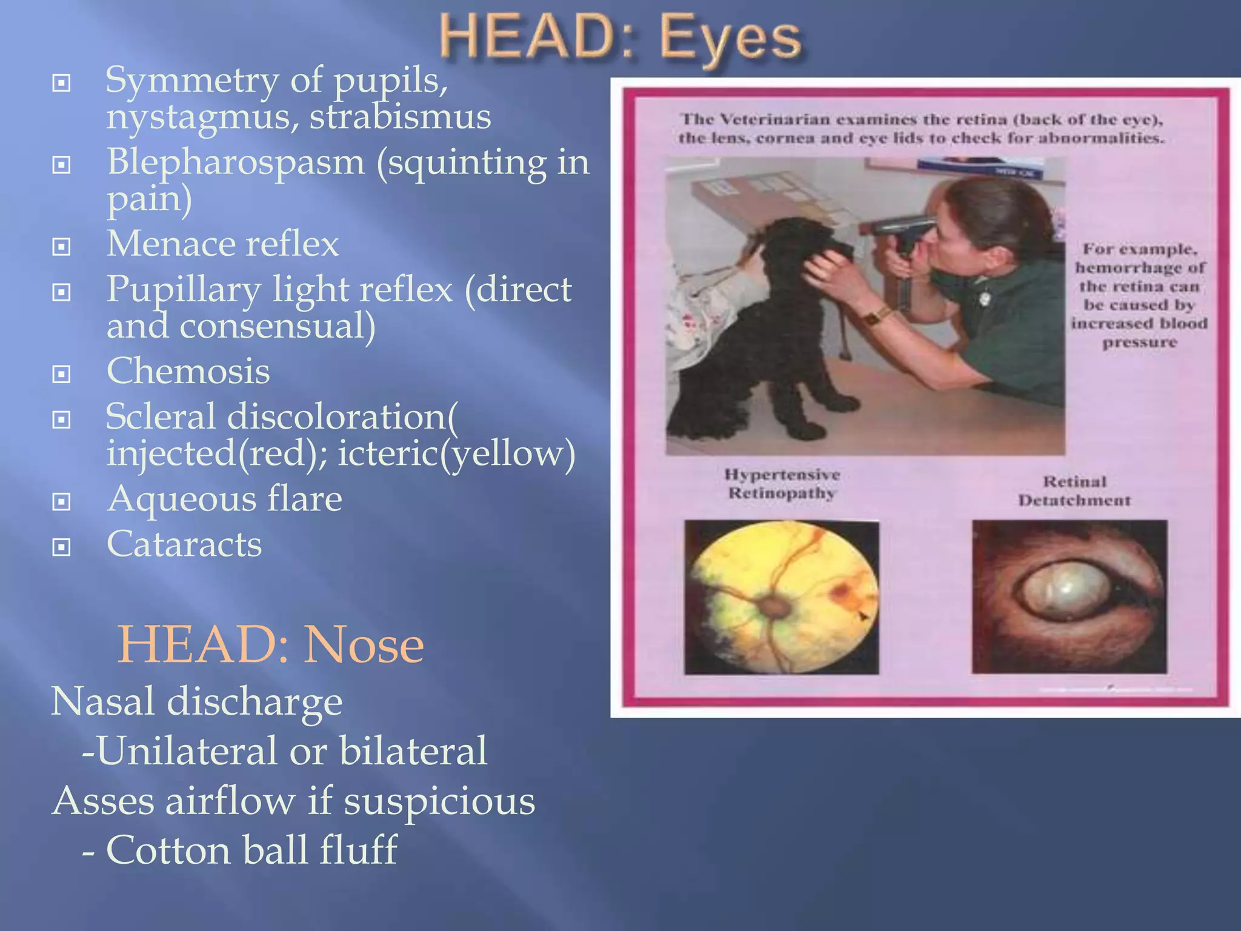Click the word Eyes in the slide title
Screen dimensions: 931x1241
[730, 38]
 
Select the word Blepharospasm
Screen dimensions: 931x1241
[236, 162]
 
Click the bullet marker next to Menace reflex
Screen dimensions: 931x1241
[61, 247]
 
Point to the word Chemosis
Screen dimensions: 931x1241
[188, 371]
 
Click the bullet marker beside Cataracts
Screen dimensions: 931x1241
[61, 547]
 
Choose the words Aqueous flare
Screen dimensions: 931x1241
[224, 499]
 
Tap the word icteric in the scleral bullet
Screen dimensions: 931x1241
[387, 453]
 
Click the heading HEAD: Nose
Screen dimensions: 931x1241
[270, 644]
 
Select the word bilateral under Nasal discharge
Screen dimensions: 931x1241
[413, 751]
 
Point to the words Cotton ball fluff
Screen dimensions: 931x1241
[251, 850]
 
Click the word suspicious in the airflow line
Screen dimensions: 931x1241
[439, 801]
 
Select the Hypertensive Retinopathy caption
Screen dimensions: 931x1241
[782, 484]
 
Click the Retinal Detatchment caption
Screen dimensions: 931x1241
[1074, 491]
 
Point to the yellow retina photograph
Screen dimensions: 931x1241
[782, 597]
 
